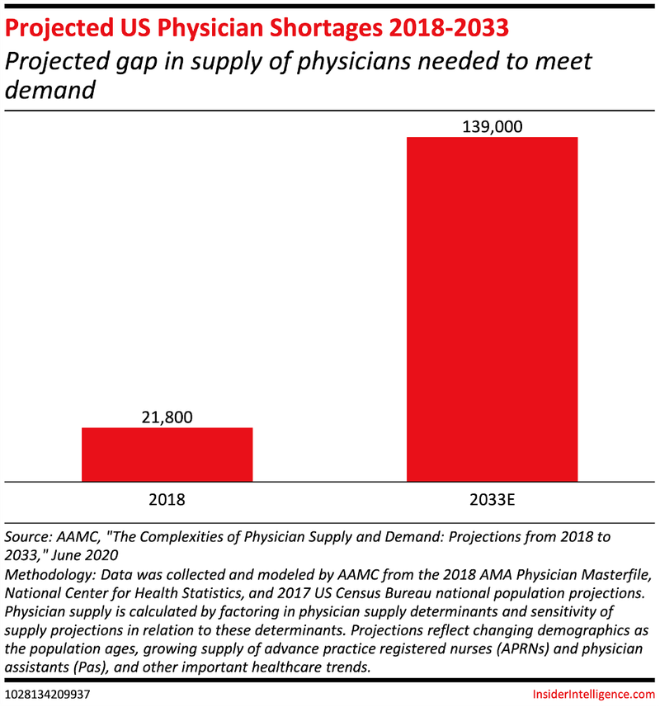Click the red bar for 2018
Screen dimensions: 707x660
pos(167,454)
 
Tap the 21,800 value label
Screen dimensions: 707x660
pos(167,417)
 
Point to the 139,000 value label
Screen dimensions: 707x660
pos(492,126)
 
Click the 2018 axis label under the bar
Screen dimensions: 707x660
pos(167,499)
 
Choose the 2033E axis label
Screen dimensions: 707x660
pos(492,499)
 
